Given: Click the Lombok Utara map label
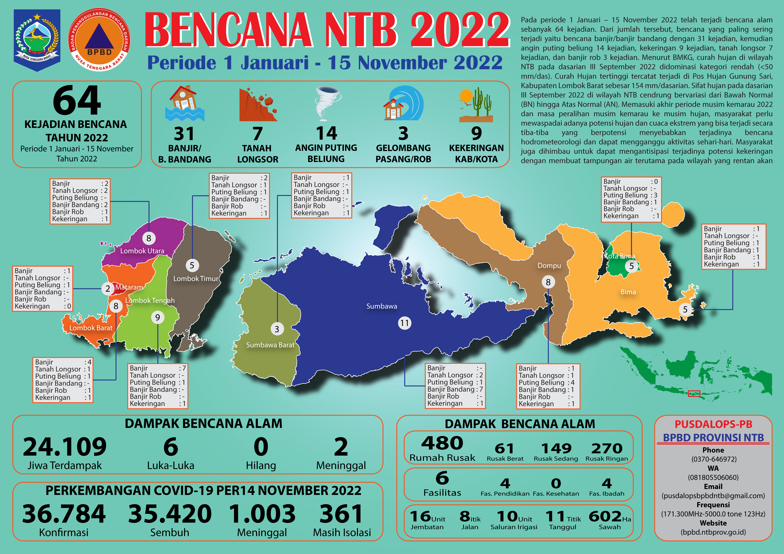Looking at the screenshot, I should [x=142, y=251].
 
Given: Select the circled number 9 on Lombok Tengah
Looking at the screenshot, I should [x=157, y=317].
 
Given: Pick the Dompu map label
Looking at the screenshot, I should [x=549, y=266].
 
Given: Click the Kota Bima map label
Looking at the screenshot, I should [x=620, y=256].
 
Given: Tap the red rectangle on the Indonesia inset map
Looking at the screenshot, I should [x=694, y=394].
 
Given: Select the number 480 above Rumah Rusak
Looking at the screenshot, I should [x=442, y=443].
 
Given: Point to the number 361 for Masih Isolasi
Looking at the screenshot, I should [x=341, y=514].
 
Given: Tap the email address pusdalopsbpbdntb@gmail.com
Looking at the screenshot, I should [x=713, y=496].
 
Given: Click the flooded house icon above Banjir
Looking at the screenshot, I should [x=184, y=103].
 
